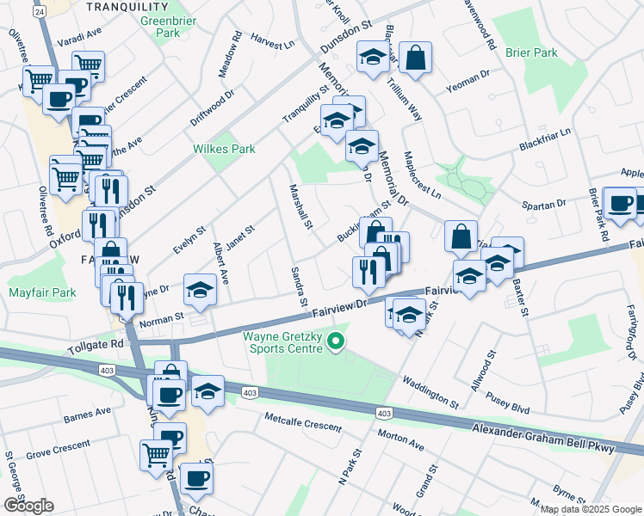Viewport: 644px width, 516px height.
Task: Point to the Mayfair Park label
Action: click(x=42, y=292)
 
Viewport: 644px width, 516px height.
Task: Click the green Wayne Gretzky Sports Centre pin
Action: click(x=337, y=343)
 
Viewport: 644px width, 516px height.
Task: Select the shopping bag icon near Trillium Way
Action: click(x=415, y=58)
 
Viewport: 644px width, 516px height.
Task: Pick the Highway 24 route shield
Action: click(x=39, y=11)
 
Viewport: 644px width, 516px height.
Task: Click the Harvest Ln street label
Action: click(x=274, y=40)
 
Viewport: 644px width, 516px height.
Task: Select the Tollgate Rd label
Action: click(x=94, y=342)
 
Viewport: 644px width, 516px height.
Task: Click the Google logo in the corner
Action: click(x=28, y=505)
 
